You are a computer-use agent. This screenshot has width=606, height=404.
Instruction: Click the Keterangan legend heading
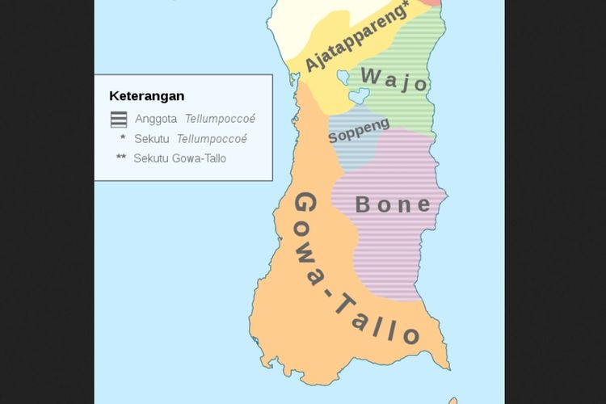click(x=146, y=96)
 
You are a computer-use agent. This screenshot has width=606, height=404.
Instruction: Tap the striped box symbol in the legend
click(x=119, y=119)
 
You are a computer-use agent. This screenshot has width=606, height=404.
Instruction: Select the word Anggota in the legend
click(x=156, y=119)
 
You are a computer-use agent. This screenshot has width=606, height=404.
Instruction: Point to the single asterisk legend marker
click(x=122, y=138)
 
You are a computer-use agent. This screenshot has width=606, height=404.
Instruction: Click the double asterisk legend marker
click(x=121, y=158)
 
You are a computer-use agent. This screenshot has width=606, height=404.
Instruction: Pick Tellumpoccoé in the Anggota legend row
click(x=220, y=119)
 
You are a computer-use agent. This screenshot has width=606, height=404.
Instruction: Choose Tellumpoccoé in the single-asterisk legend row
click(x=212, y=139)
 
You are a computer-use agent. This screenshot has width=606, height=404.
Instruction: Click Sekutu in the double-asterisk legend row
click(x=151, y=158)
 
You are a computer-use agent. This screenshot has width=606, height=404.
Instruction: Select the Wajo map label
click(x=394, y=79)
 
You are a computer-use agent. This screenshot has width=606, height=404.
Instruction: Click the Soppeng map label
click(x=359, y=131)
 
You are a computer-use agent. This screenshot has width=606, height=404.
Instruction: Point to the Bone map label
click(x=393, y=204)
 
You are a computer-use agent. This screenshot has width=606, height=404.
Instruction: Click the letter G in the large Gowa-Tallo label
click(x=305, y=206)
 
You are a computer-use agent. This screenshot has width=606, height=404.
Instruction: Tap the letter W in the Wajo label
click(x=370, y=76)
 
